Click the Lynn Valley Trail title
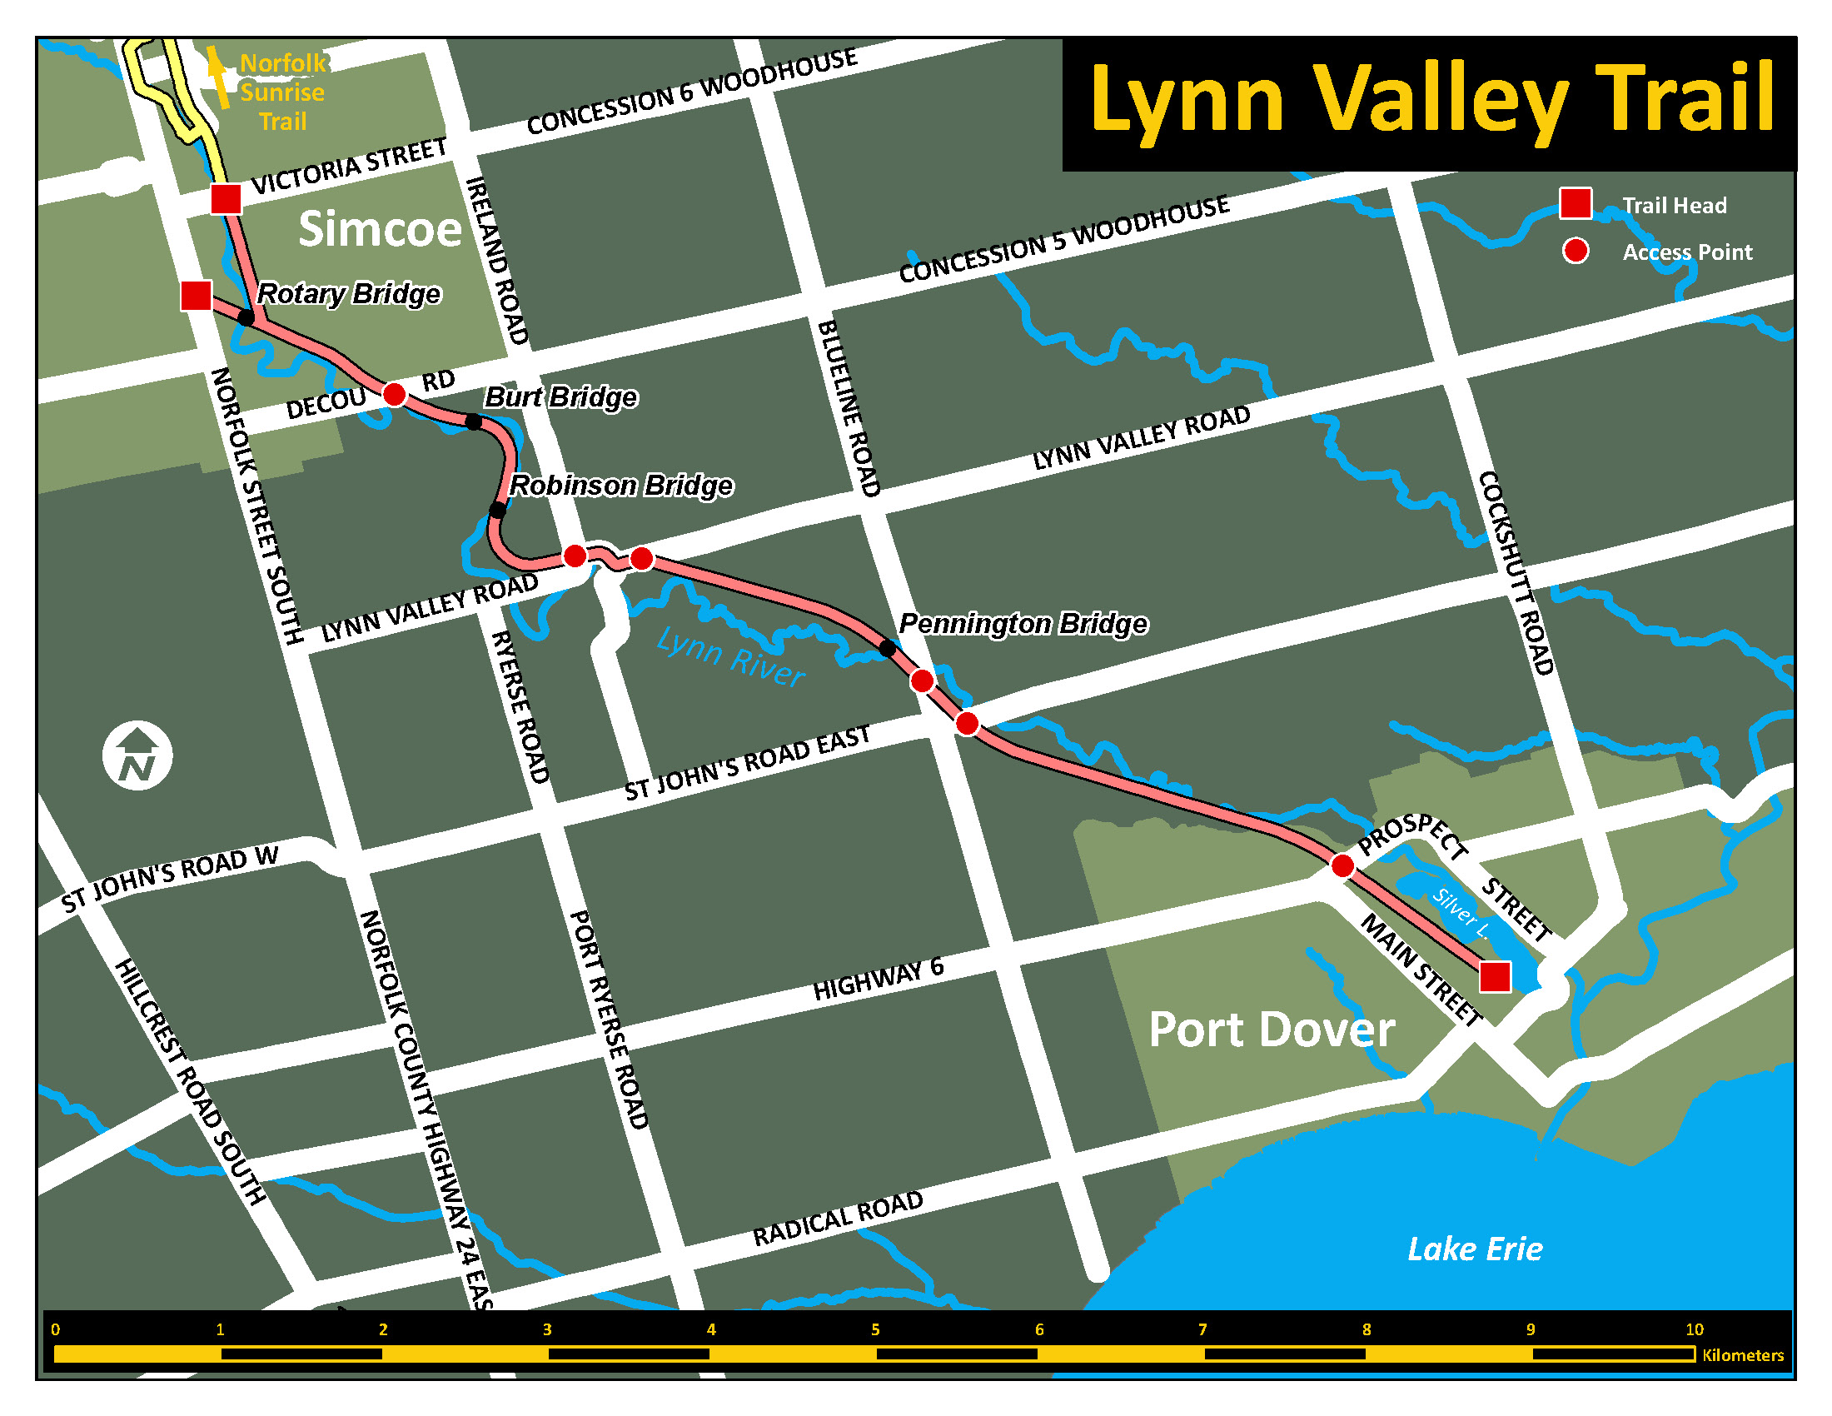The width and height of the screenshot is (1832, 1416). [1431, 99]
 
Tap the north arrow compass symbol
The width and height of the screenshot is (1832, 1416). [137, 755]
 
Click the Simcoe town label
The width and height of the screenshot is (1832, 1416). [380, 229]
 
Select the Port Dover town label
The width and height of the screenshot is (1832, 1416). [1271, 1030]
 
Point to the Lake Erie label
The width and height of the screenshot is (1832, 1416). [1475, 1249]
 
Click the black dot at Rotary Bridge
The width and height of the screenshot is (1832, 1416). [246, 317]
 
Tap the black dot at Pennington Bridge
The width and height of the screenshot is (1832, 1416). [887, 648]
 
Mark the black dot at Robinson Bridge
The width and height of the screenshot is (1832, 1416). [497, 510]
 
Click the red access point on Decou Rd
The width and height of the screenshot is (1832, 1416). [394, 393]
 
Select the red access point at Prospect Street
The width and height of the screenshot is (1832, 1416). [1342, 865]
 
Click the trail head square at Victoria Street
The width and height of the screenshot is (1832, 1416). [226, 200]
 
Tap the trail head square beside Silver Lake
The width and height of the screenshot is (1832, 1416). [1495, 977]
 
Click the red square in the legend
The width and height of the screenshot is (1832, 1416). [1576, 203]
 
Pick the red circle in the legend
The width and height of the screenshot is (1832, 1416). [1576, 251]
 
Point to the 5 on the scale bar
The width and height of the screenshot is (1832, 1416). [875, 1329]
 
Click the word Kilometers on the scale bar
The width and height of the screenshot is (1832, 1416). [1742, 1355]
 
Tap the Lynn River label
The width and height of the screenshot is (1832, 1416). [729, 657]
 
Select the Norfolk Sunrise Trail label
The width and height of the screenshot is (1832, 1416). [281, 92]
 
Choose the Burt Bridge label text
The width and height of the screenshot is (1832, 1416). [560, 396]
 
